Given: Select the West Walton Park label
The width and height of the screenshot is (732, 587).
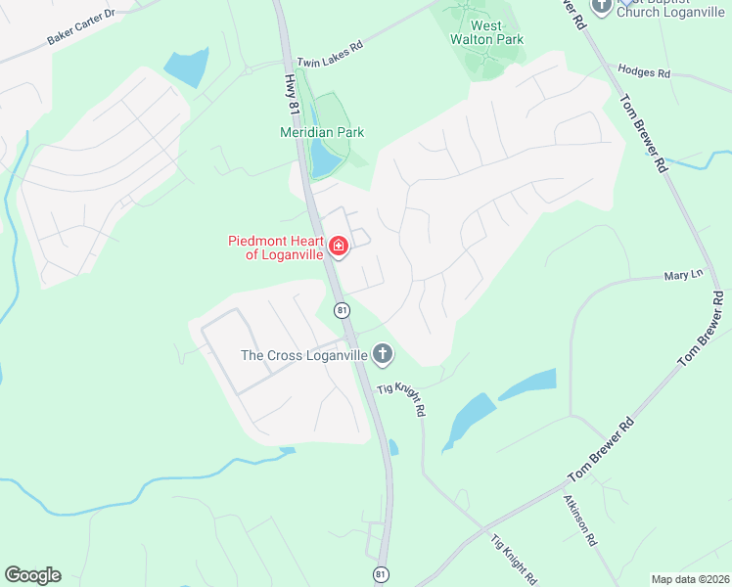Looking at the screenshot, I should pos(485,33).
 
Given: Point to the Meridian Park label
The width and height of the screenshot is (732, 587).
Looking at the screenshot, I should pos(322,132).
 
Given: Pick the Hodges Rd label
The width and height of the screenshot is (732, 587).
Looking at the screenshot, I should pos(643,72).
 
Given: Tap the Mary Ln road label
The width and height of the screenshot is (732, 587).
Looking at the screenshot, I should pos(683,275).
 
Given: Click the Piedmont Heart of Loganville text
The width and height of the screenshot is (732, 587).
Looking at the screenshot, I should pos(275,247).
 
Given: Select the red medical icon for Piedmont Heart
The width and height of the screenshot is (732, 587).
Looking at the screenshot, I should pos(339,246).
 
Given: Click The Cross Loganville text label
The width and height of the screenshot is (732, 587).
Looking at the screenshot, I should pos(304,355).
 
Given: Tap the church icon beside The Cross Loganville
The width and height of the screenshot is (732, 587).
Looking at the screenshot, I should pos(382,354).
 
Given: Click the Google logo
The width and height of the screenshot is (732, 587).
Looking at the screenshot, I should pos(32,575).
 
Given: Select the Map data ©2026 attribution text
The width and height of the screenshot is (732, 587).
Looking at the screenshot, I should pos(690,579).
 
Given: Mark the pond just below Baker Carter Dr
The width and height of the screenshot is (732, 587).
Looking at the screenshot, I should pos(186,67).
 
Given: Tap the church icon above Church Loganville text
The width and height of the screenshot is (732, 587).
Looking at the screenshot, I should pos(601,6).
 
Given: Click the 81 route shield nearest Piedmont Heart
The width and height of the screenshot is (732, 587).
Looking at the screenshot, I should pos(342,310).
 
